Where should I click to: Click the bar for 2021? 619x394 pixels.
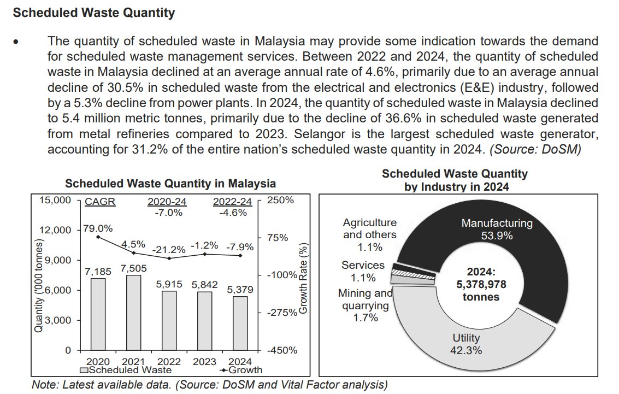click(133, 312)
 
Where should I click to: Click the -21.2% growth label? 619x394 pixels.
click(168, 249)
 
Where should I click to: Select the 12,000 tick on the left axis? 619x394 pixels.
click(56, 230)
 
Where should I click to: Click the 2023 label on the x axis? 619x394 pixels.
click(204, 361)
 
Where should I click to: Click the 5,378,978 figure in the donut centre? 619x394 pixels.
click(478, 285)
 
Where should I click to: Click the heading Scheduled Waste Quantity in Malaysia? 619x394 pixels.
click(170, 183)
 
